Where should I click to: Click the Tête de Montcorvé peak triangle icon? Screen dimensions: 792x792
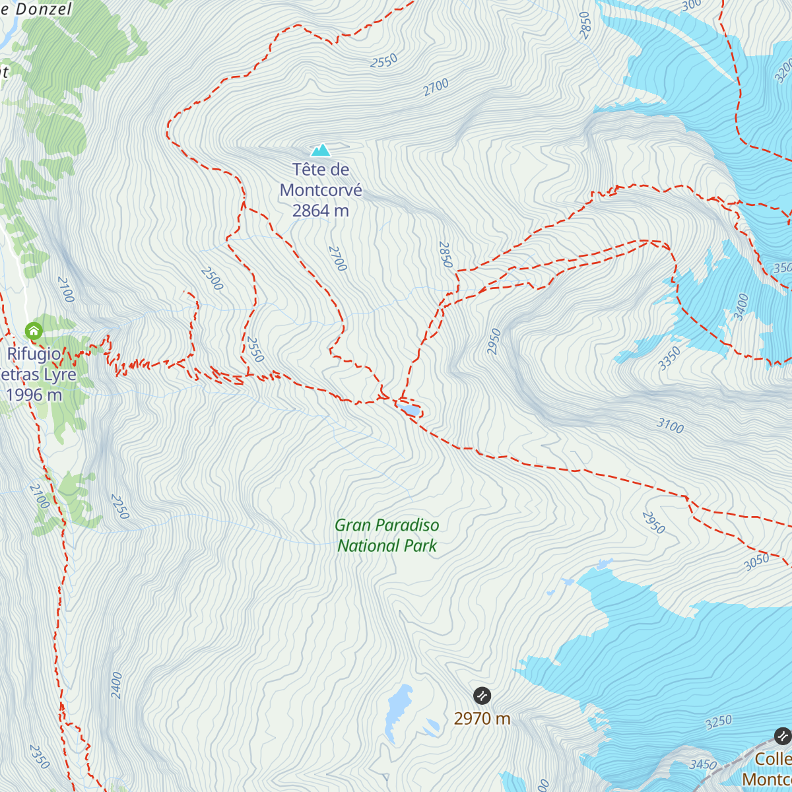point(321,150)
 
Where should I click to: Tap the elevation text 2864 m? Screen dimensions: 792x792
point(321,211)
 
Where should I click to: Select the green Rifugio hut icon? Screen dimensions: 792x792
point(33,331)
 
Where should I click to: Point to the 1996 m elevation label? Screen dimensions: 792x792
point(34,395)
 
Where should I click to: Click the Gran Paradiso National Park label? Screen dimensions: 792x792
point(387,535)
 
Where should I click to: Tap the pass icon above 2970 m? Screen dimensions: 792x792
point(482,696)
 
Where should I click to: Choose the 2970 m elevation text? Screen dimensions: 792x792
point(482,719)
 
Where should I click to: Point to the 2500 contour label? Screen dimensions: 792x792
point(212,279)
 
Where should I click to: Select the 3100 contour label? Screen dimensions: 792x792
point(670,426)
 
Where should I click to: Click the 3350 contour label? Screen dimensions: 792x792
point(669,358)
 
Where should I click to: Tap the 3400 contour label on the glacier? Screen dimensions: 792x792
point(742,306)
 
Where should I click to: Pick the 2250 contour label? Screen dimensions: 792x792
point(119,506)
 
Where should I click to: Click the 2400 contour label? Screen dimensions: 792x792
point(116,685)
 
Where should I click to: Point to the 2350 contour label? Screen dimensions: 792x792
point(40,756)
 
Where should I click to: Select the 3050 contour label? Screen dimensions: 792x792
point(756,562)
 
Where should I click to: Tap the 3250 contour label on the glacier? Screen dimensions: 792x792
point(719,722)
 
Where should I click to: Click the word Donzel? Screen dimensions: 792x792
point(44,9)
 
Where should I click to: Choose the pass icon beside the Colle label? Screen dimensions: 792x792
point(782,735)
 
